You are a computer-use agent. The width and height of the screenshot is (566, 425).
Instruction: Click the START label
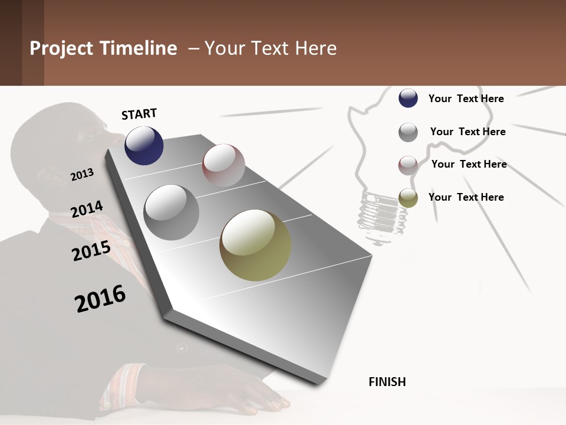point(139,114)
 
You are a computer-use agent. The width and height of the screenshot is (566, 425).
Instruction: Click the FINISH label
point(387,382)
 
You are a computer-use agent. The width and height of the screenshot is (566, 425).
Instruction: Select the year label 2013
point(83,174)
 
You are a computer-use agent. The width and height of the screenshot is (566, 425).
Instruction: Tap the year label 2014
point(87,209)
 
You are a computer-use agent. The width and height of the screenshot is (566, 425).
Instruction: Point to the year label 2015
point(91,251)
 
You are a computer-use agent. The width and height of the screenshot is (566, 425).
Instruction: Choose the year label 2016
point(100,298)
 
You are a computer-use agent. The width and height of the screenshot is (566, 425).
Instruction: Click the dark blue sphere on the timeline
point(144,145)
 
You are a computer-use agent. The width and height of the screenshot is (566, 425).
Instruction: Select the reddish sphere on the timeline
point(223,165)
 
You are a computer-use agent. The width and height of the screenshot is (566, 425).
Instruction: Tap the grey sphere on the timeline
point(171,212)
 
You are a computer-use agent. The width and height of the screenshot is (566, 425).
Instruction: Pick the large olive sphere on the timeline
point(255,245)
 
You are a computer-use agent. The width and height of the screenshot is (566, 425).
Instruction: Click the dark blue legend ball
point(408,98)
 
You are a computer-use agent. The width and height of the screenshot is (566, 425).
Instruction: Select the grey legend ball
point(408,132)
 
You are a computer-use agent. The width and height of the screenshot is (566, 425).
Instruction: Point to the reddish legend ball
point(408,165)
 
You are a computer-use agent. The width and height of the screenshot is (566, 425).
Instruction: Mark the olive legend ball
point(408,198)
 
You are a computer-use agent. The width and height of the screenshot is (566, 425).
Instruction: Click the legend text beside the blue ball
point(466,99)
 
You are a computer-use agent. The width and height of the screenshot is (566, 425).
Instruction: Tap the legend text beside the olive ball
point(466,197)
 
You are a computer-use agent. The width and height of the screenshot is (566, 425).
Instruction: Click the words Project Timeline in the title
point(103,48)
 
